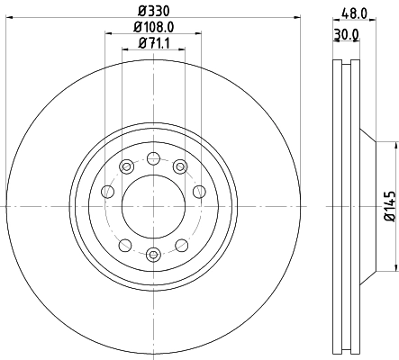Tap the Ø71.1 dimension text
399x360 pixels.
[x=153, y=45]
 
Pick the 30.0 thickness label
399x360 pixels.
[x=346, y=34]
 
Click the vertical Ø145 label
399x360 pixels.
[x=389, y=206]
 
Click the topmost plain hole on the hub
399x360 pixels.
[x=154, y=158]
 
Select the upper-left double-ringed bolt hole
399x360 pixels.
[x=126, y=167]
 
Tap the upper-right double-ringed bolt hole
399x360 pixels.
[x=180, y=166]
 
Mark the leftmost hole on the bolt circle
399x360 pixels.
[x=108, y=191]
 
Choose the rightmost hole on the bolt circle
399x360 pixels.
[x=198, y=191]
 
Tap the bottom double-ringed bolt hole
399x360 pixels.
[x=153, y=254]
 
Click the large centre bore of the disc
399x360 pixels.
[x=153, y=206]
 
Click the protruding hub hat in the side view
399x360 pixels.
[x=370, y=206]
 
